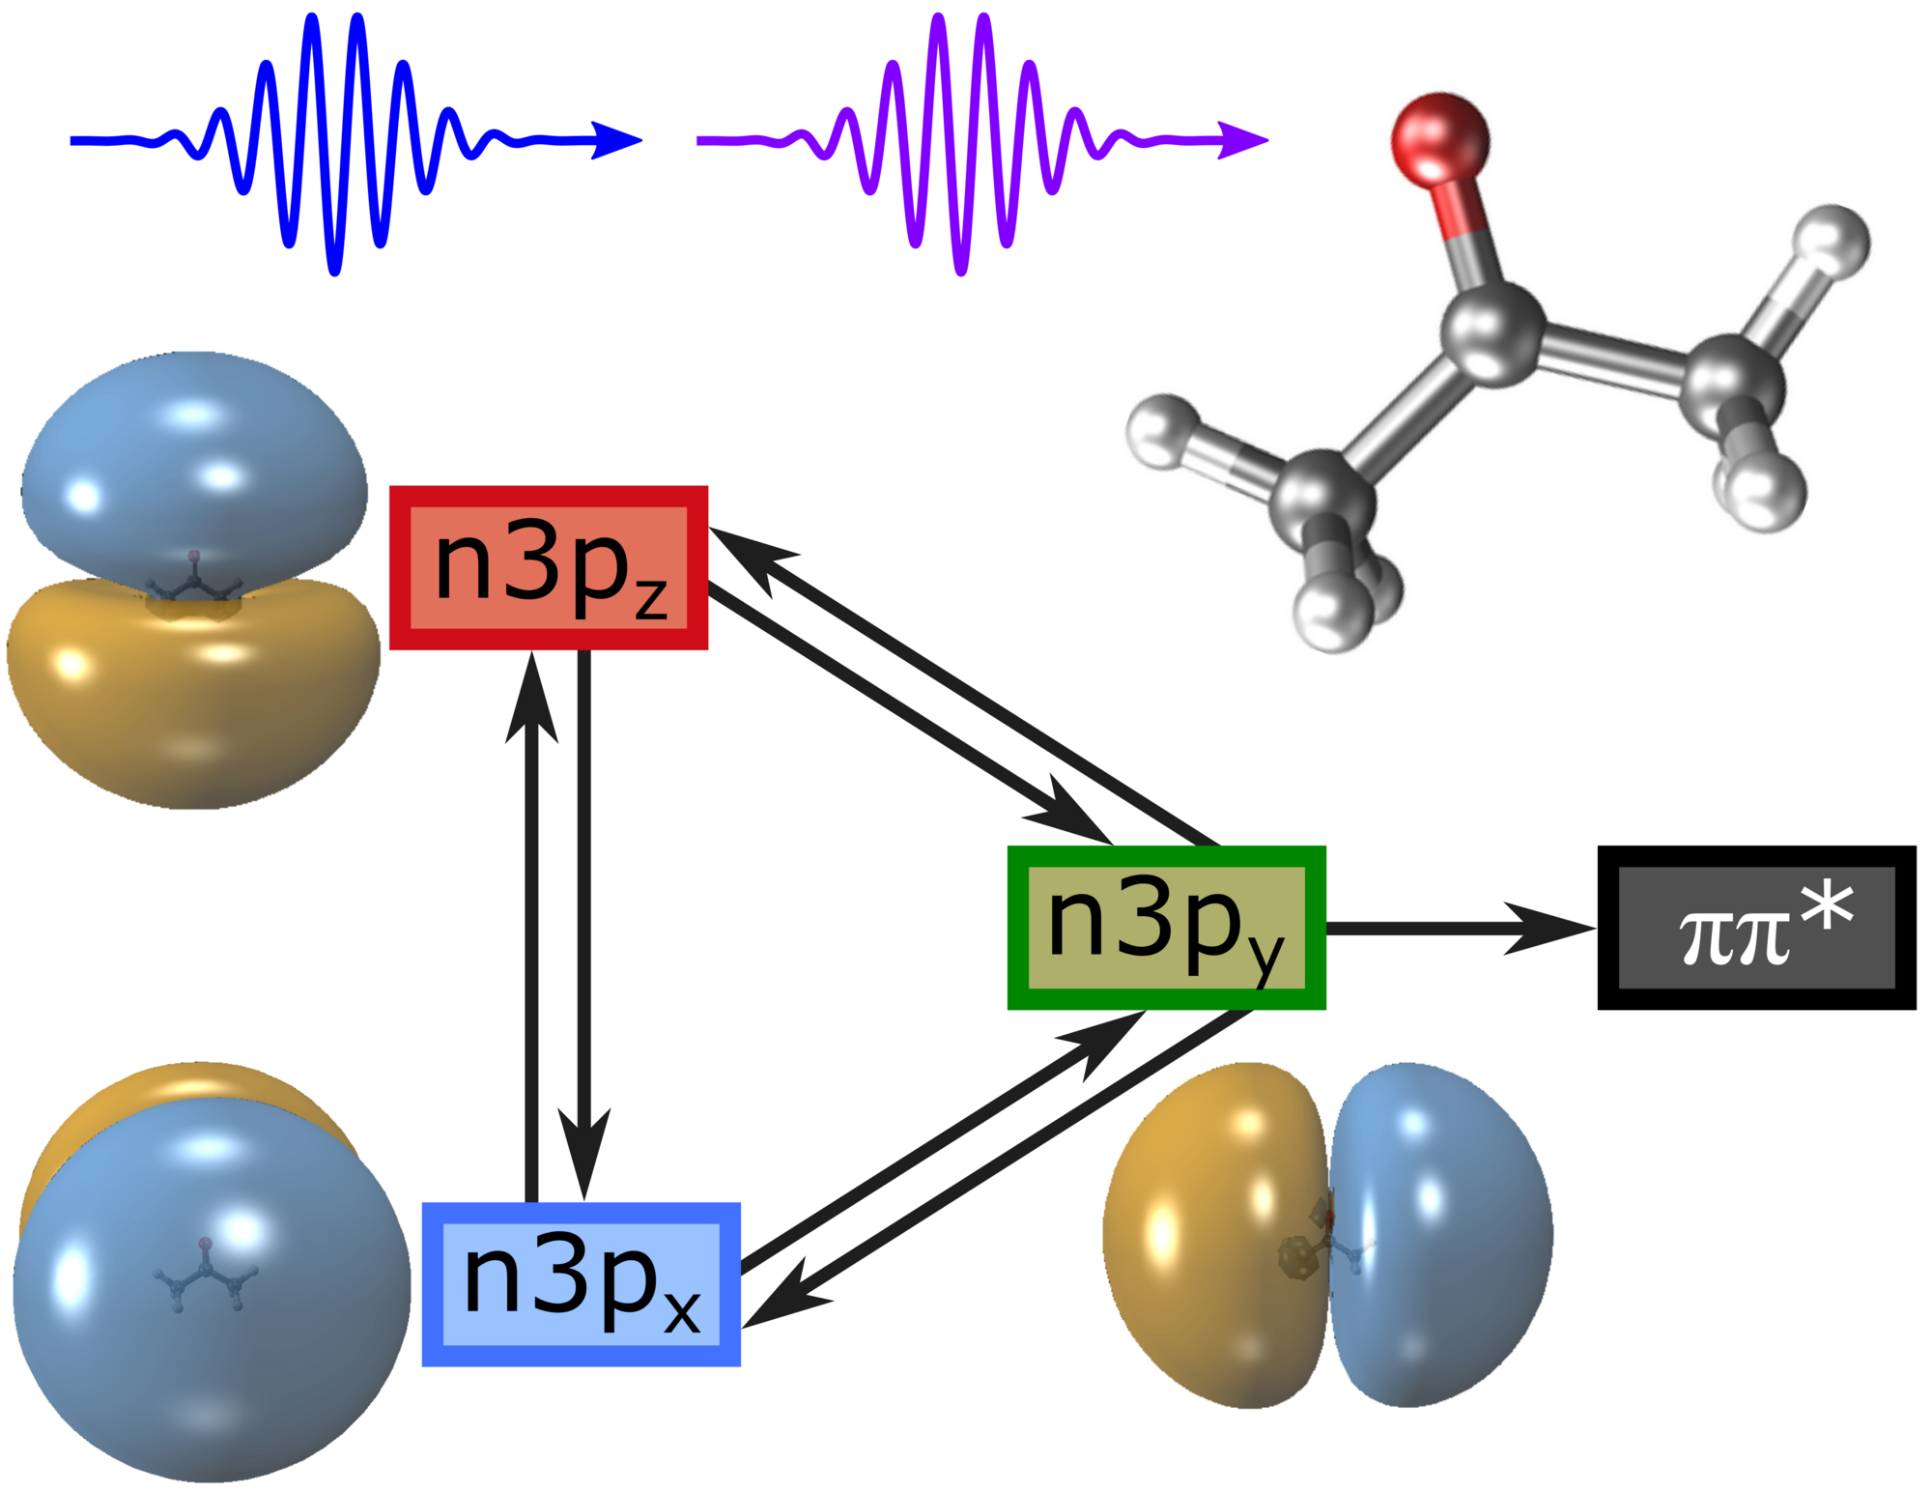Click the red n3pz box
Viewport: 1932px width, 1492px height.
click(549, 567)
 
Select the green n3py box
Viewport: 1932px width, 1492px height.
click(1166, 928)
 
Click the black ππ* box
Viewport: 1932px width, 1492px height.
click(1756, 928)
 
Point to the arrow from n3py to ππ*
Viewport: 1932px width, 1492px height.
click(1461, 929)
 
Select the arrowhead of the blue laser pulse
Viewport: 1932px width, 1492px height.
click(615, 140)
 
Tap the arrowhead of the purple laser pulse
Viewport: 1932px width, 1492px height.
click(1242, 140)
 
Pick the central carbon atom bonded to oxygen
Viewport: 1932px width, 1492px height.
click(1492, 333)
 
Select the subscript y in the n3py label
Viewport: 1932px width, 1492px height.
click(1265, 959)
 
